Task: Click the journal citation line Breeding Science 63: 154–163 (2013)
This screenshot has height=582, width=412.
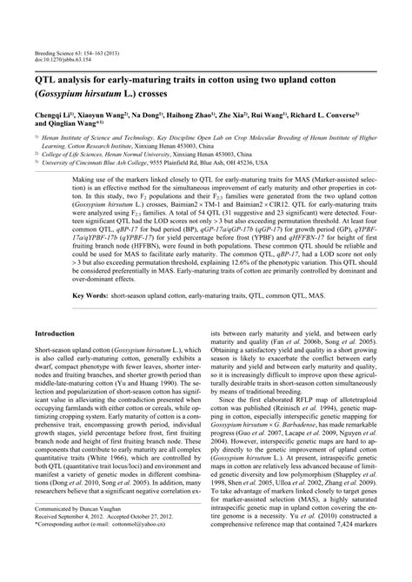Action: pyautogui.click(x=81, y=52)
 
